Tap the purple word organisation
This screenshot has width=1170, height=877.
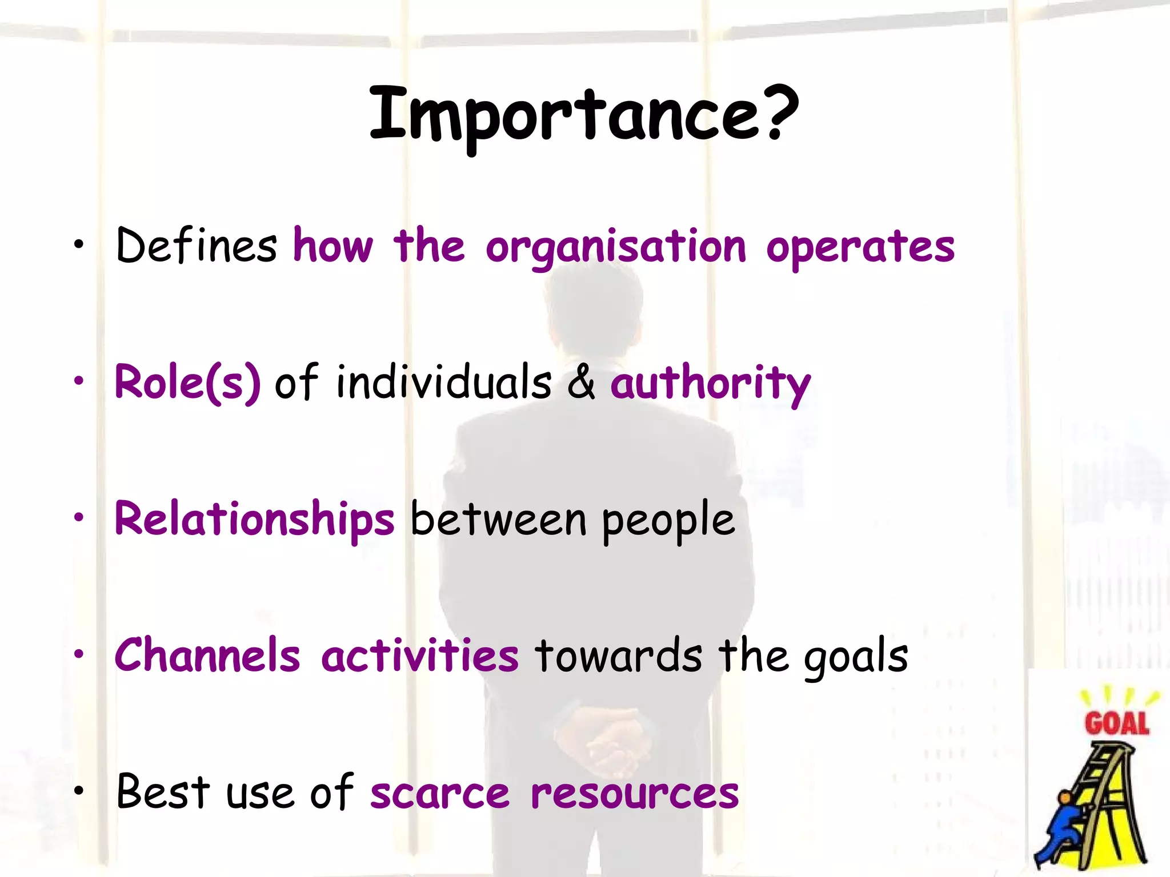point(616,248)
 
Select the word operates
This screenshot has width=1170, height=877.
point(860,248)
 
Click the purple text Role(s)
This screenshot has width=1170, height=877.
point(187,383)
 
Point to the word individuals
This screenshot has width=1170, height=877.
point(443,383)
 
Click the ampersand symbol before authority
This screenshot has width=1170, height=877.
point(581,383)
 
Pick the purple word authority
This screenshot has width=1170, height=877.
point(710,384)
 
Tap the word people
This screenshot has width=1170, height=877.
point(668,521)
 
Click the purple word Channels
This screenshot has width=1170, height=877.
point(207,655)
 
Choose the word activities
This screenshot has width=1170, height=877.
point(420,655)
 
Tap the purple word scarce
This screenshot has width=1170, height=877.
point(439,794)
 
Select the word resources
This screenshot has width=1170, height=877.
point(634,794)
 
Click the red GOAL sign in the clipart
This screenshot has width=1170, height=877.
point(1116,723)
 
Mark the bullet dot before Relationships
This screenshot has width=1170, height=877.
point(79,517)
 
